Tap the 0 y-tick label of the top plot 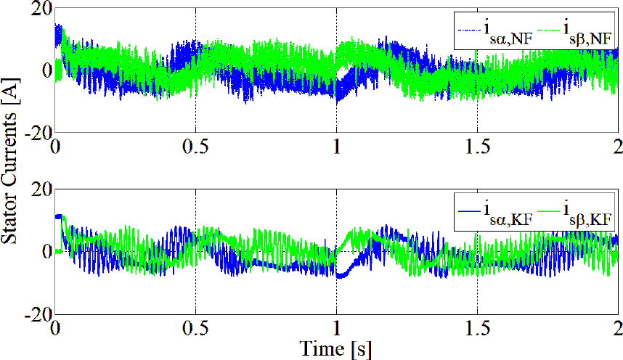[x=46, y=70]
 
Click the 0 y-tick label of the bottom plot [x=46, y=252]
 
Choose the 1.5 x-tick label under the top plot [x=477, y=145]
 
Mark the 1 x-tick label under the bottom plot [x=337, y=327]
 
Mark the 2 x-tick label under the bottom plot [x=617, y=327]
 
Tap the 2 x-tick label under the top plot [x=617, y=145]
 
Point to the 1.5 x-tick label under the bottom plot [x=477, y=327]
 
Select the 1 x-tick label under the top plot [x=337, y=145]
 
